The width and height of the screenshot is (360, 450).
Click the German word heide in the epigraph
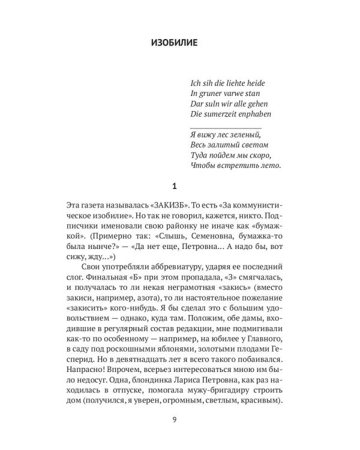[x=251, y=82]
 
